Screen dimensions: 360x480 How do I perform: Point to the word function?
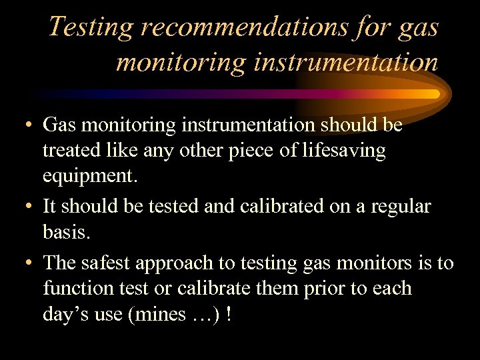pyautogui.click(x=73, y=289)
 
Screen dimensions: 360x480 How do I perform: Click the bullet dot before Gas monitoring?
pyautogui.click(x=23, y=124)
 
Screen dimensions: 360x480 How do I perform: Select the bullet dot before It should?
pyautogui.click(x=23, y=207)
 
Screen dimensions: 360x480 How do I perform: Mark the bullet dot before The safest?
pyautogui.click(x=23, y=263)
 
